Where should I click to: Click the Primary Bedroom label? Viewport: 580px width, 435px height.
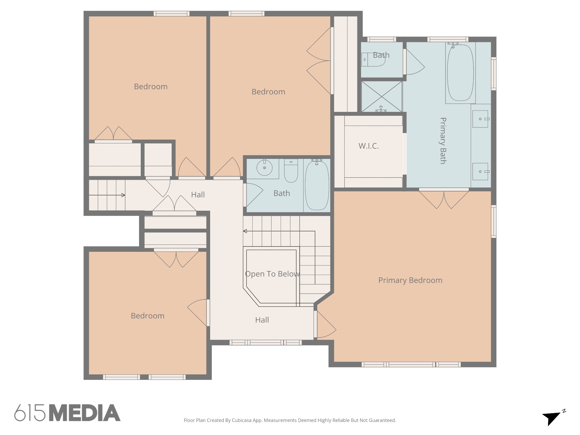(410, 280)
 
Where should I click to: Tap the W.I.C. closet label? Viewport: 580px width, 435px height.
(368, 146)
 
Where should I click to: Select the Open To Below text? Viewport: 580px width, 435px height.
(272, 274)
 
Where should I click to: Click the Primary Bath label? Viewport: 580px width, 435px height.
(443, 140)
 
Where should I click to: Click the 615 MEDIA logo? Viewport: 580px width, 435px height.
(67, 413)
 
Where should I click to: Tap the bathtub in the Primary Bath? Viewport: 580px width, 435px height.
(460, 72)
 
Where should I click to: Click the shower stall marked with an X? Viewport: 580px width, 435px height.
(382, 97)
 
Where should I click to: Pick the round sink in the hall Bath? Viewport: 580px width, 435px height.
(265, 168)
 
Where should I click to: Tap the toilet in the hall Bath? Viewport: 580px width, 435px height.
(291, 171)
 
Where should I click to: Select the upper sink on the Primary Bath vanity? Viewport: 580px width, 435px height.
(480, 119)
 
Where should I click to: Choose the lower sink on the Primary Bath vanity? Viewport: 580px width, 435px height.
(480, 172)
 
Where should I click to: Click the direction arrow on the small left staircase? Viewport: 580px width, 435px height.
(107, 195)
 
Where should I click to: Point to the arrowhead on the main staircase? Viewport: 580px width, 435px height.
(245, 231)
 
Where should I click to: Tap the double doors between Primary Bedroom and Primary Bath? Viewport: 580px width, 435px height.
(444, 199)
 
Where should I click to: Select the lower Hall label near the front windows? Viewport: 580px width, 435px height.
(262, 320)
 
